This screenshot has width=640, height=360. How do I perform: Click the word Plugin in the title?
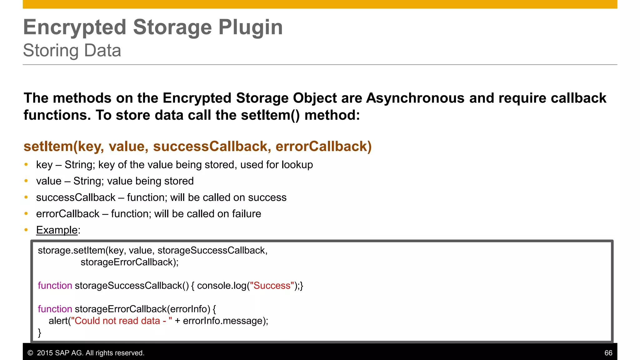(250, 27)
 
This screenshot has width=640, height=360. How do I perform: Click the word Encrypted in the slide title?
(75, 27)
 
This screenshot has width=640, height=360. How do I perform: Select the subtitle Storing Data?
(72, 50)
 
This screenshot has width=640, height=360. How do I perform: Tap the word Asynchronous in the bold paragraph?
(415, 98)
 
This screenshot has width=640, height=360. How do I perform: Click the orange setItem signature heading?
(197, 146)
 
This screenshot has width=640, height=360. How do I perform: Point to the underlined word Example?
(57, 230)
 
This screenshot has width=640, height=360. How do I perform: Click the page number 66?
(608, 353)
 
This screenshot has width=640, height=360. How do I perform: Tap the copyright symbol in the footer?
(30, 353)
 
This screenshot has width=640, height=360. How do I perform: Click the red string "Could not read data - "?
(122, 321)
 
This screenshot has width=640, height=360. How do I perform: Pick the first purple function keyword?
(55, 286)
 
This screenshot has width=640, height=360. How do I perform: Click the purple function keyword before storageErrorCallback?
(55, 309)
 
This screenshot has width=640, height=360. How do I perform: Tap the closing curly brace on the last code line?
(39, 332)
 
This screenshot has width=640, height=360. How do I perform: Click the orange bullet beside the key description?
(26, 164)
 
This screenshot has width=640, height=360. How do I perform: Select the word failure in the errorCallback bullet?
(247, 214)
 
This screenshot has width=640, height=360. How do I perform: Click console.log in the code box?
(222, 286)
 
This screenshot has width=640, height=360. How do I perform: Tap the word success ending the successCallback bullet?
(267, 197)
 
